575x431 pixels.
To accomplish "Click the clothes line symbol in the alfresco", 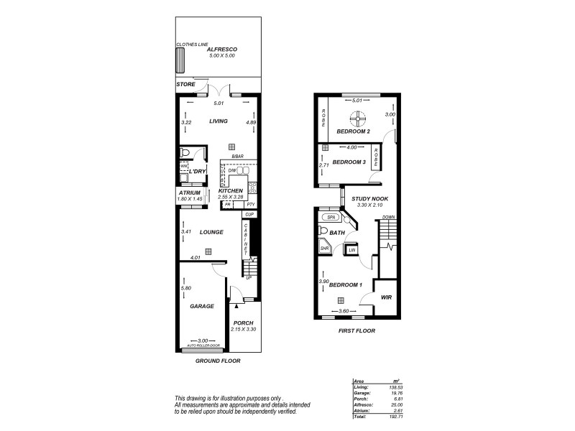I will pyautogui.click(x=180, y=62).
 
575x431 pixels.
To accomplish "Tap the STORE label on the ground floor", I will pyautogui.click(x=185, y=84).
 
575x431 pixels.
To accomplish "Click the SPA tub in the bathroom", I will pyautogui.click(x=331, y=216).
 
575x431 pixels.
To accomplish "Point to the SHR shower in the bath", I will pyautogui.click(x=324, y=248).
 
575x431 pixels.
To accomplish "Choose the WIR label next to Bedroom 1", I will pyautogui.click(x=386, y=297).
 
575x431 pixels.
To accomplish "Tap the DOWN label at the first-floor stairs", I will pyautogui.click(x=388, y=217).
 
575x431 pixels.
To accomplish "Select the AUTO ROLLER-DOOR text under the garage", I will pyautogui.click(x=202, y=346).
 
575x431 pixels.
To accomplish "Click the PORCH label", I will pyautogui.click(x=244, y=323).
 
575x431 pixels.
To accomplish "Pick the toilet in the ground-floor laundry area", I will pyautogui.click(x=185, y=153).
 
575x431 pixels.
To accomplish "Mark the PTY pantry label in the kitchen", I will pyautogui.click(x=250, y=205).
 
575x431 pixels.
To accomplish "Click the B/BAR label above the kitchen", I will pyautogui.click(x=238, y=157).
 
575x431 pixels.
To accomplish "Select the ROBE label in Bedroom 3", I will pyautogui.click(x=375, y=155).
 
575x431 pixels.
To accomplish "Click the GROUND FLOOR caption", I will pyautogui.click(x=218, y=361).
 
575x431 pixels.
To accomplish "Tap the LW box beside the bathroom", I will pyautogui.click(x=352, y=250).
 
